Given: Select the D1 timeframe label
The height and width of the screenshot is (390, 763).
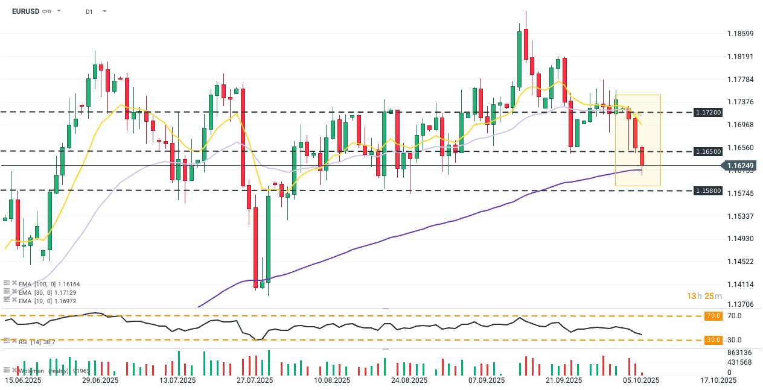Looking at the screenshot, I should pyautogui.click(x=89, y=11).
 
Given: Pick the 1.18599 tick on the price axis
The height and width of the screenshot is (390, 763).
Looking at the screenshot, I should pyautogui.click(x=740, y=34).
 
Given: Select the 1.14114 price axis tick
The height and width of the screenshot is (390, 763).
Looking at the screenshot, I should pyautogui.click(x=740, y=284).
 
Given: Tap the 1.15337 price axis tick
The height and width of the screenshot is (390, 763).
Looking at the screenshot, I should pyautogui.click(x=740, y=216).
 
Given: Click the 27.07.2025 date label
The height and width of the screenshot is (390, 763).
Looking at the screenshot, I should pyautogui.click(x=255, y=380).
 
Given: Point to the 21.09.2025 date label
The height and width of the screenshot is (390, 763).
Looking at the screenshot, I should pyautogui.click(x=563, y=380).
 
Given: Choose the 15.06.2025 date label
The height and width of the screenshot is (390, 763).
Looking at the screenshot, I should pyautogui.click(x=24, y=380).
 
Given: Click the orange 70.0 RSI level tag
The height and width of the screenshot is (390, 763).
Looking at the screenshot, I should pyautogui.click(x=714, y=316).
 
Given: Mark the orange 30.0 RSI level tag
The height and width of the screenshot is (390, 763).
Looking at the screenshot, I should pyautogui.click(x=714, y=340).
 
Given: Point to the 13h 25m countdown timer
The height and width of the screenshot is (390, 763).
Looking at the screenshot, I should pyautogui.click(x=705, y=296).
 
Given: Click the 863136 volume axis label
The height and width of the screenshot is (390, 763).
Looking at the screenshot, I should pyautogui.click(x=739, y=353).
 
